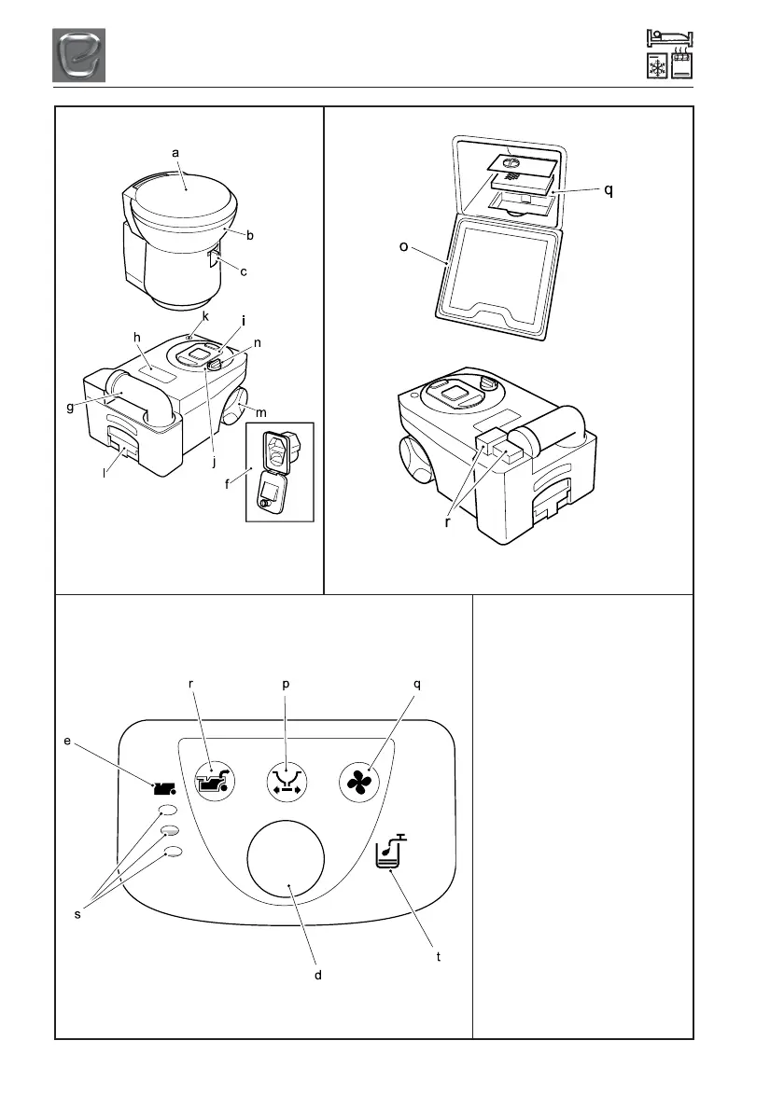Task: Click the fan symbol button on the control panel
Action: tap(362, 782)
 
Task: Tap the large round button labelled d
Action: tap(286, 859)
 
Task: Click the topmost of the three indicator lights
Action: tap(169, 810)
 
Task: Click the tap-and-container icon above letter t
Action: tap(388, 853)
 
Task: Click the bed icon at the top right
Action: tap(669, 39)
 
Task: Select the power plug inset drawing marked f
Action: tap(279, 471)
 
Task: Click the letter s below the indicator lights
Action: tap(78, 915)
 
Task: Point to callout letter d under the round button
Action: tap(318, 974)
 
